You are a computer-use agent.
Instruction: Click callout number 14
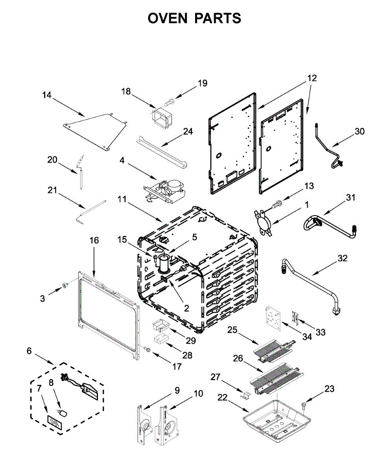coord(47,95)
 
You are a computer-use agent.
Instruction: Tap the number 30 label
coord(360,131)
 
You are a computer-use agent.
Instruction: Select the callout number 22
coord(222,398)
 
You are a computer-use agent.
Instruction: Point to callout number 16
coord(94,240)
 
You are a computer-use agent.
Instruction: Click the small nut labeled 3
coord(62,285)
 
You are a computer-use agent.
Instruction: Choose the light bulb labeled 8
coord(63,413)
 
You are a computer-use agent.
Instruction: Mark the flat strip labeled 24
coord(161,150)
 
